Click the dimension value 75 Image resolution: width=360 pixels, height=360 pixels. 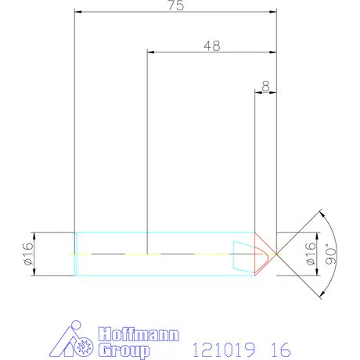(175, 5)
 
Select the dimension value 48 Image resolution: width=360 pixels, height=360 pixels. (211, 45)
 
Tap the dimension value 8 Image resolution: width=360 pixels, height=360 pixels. (267, 85)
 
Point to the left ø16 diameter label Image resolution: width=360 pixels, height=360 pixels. (29, 254)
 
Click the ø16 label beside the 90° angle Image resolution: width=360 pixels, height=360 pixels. (310, 254)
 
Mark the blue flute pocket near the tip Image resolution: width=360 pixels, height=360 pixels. (246, 254)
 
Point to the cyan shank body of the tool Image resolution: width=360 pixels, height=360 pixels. (157, 254)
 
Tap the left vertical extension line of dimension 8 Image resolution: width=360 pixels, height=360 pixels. (257, 157)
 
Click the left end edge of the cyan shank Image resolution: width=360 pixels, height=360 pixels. (74, 254)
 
